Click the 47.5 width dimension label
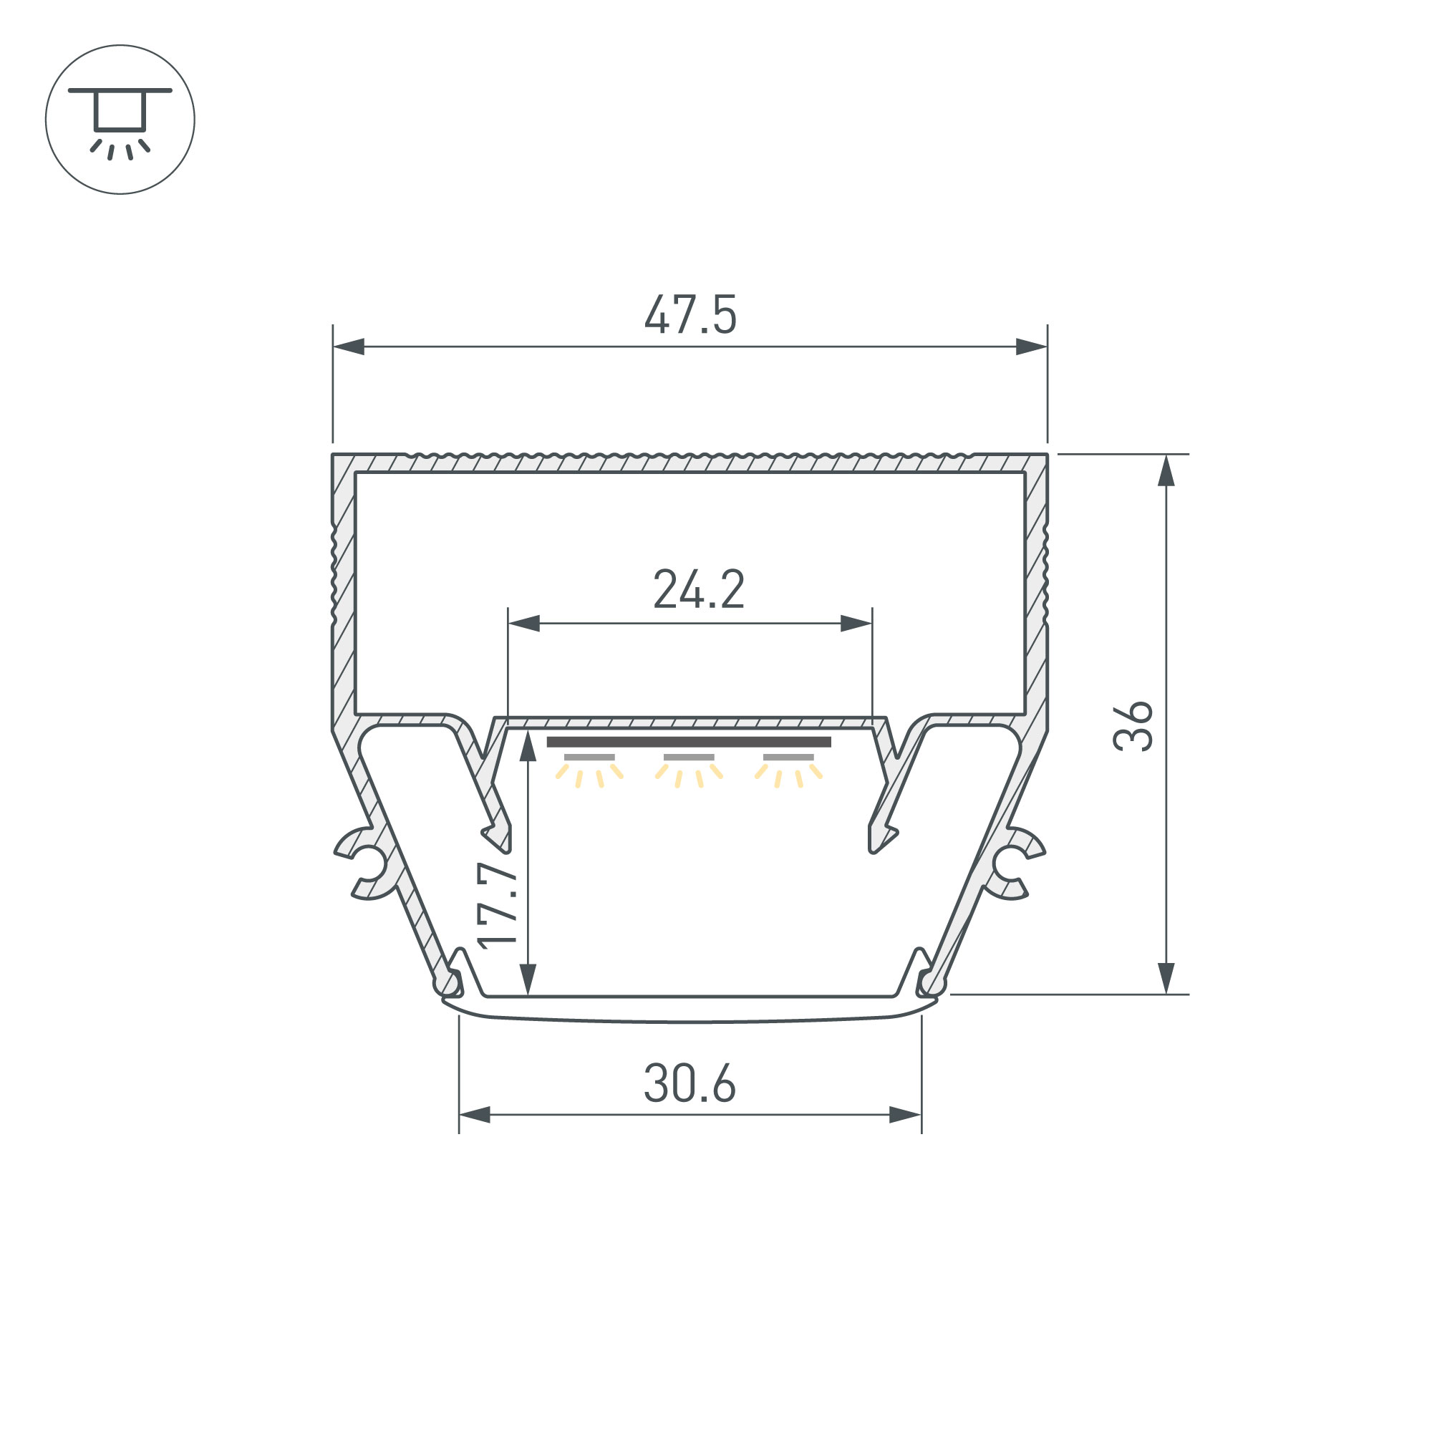(690, 315)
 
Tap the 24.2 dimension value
(699, 589)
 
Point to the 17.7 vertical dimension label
(497, 905)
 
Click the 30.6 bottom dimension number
(690, 1083)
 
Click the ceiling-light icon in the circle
(120, 123)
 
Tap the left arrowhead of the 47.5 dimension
(349, 346)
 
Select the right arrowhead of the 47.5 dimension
(1031, 346)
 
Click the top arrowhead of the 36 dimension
(1166, 470)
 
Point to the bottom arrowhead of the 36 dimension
(1166, 977)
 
